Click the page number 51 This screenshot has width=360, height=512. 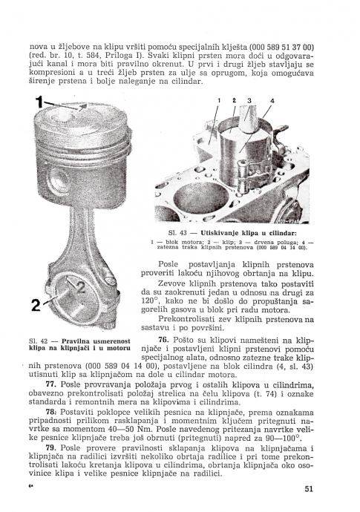(309, 489)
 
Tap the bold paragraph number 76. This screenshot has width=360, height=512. (163, 340)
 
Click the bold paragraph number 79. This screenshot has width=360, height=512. (50, 447)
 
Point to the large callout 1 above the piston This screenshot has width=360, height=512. (39, 102)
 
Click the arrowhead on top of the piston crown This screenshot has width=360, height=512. (83, 106)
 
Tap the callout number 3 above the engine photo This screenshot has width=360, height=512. (249, 101)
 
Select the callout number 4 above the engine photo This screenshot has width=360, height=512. (272, 101)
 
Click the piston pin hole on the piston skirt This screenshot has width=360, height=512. (60, 180)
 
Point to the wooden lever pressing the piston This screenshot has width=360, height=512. (249, 119)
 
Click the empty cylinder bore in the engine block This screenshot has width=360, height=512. (200, 198)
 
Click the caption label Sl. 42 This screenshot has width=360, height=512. (38, 341)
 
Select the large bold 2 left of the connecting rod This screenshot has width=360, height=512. (36, 305)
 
